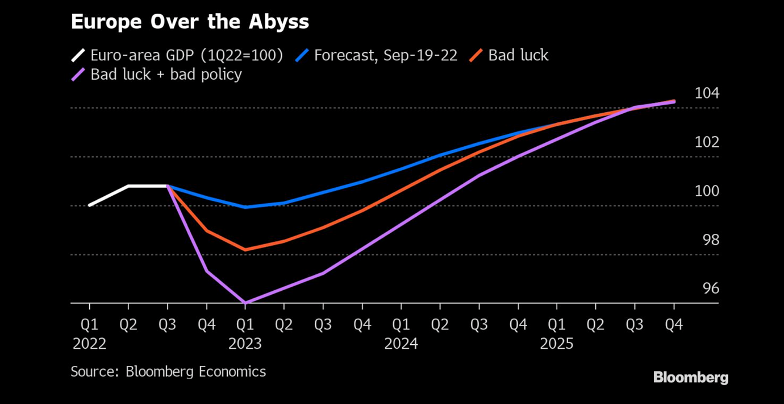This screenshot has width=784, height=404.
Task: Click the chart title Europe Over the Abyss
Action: point(190,22)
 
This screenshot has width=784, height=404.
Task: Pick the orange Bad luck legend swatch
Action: point(476,55)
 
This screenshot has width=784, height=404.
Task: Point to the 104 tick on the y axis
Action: point(707,93)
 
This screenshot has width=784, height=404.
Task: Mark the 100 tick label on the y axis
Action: point(707,191)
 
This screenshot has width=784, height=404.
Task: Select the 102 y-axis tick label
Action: point(707,142)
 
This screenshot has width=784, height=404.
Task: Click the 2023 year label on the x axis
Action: point(245,344)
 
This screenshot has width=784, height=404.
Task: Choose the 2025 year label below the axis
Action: point(557,344)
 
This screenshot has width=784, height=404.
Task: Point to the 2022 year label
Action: point(89,344)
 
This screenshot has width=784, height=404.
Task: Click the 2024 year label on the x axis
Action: point(401,344)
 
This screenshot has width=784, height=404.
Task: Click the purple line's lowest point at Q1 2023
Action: point(245,303)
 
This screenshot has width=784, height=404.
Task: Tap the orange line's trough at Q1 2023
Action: point(245,250)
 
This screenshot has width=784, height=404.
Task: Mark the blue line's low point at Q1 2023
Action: point(245,207)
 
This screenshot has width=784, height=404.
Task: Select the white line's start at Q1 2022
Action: point(90,205)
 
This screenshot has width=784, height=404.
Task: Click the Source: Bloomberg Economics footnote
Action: point(168,372)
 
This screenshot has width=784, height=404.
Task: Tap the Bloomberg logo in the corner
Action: point(690,377)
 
